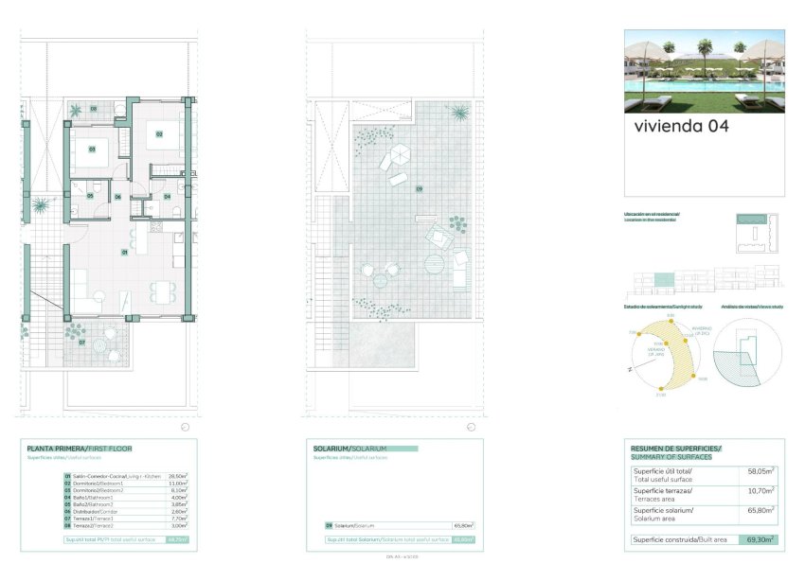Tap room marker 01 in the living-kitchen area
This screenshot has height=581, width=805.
pyautogui.click(x=125, y=253)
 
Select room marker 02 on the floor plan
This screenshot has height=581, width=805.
pyautogui.click(x=159, y=134)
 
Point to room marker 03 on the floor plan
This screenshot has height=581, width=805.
pyautogui.click(x=93, y=150)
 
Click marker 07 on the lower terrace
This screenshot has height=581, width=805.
pyautogui.click(x=83, y=342)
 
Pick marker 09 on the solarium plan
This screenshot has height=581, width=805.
pyautogui.click(x=419, y=188)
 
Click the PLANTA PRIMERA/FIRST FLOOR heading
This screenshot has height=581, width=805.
pyautogui.click(x=80, y=448)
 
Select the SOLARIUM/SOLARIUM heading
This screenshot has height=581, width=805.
pyautogui.click(x=349, y=448)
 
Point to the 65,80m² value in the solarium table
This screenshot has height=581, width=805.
pyautogui.click(x=463, y=525)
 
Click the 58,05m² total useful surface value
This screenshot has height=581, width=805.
pyautogui.click(x=760, y=470)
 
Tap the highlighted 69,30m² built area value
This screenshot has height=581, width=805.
pyautogui.click(x=760, y=540)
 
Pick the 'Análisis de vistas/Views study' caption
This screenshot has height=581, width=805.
pyautogui.click(x=751, y=307)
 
